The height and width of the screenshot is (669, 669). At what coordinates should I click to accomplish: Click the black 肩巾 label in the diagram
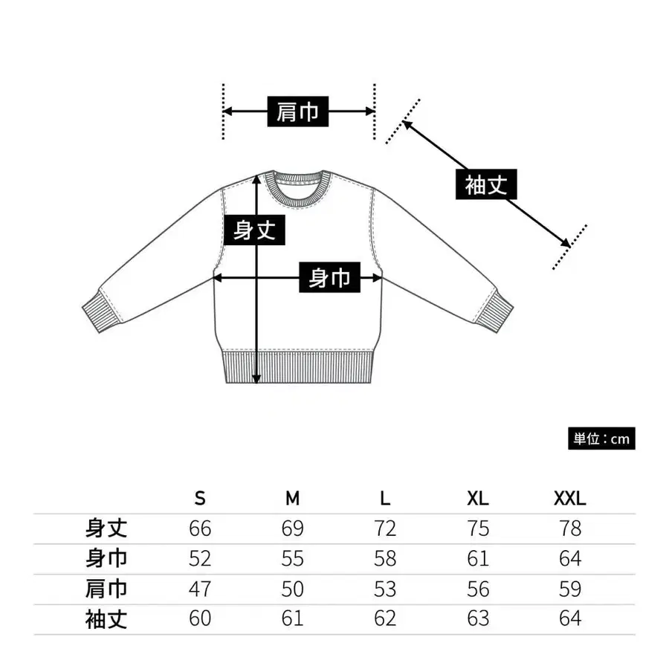point(298,111)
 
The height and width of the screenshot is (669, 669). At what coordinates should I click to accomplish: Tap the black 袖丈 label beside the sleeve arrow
point(485,185)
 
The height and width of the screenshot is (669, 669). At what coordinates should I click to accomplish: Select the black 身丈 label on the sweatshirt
point(255,230)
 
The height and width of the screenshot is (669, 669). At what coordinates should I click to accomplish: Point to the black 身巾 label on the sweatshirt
point(330,279)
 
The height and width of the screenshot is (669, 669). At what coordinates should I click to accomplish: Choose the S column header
point(200,498)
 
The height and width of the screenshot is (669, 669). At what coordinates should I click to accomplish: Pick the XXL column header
point(570,498)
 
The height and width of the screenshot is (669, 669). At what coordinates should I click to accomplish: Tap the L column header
point(385,498)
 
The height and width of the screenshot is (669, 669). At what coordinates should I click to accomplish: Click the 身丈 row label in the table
point(106,529)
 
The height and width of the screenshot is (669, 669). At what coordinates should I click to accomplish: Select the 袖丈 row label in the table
point(106,618)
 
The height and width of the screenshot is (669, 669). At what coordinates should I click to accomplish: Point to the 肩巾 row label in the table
point(106,589)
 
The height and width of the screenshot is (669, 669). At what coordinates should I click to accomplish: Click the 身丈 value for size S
point(200,529)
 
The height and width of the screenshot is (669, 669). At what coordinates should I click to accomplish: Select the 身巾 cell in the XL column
point(478,558)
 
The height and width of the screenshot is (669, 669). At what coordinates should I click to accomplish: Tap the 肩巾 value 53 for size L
point(385,589)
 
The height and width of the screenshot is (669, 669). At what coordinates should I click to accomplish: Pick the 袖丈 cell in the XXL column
point(570,618)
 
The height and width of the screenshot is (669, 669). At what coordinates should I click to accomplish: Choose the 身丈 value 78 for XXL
point(570,529)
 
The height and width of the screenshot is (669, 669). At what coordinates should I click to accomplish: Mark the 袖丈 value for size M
point(293,618)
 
